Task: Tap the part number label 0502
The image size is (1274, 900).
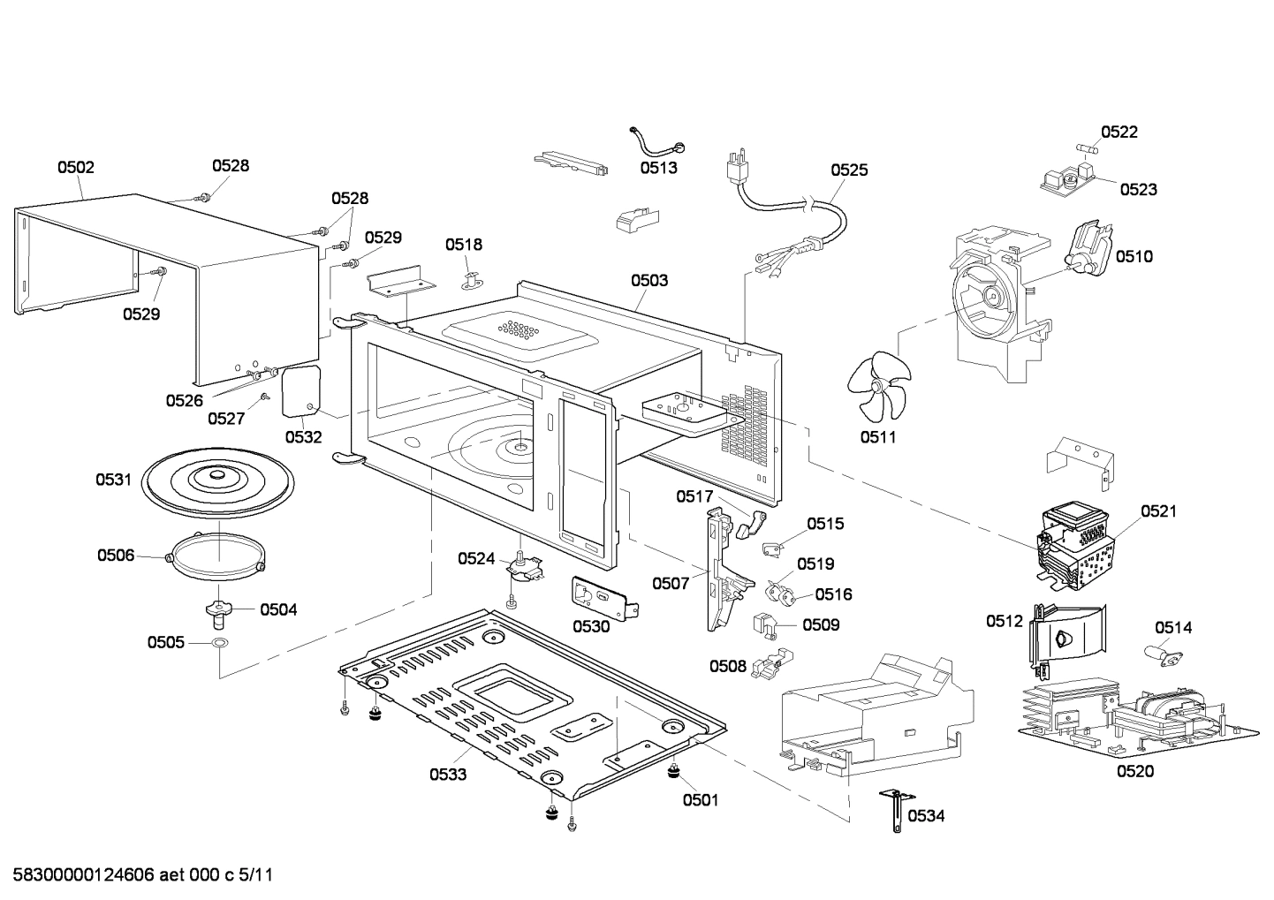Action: coord(76,167)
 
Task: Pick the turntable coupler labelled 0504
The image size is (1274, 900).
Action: coord(218,609)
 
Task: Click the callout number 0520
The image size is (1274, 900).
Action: coord(1134,771)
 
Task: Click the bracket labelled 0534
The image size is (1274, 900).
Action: coord(894,810)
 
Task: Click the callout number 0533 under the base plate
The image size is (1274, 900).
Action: coord(448,775)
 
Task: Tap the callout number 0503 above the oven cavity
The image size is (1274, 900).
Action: coord(648,280)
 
